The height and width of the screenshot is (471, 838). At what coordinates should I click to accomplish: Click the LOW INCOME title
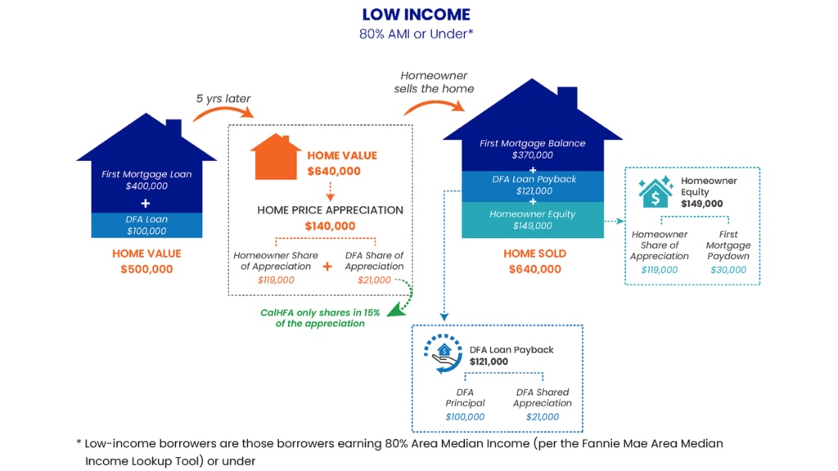coord(417,15)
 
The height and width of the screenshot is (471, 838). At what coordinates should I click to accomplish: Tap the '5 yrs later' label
coord(223,99)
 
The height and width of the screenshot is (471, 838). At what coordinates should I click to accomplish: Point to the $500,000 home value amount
coord(146,269)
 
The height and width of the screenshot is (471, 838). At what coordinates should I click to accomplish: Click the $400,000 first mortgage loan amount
coord(146,186)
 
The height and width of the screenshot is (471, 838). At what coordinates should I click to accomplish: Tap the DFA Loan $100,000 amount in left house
coord(146,231)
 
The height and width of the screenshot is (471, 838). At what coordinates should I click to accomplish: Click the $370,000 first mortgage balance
coord(532,155)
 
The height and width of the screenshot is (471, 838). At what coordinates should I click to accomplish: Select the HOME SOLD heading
coord(534,253)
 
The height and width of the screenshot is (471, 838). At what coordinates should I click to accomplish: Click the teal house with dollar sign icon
coord(655,191)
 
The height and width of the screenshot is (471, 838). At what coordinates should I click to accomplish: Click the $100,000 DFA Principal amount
coord(465,417)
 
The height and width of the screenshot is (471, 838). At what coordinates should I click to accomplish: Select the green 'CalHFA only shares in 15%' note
coord(313,317)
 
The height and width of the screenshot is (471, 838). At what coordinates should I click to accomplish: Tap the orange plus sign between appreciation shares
coord(327,267)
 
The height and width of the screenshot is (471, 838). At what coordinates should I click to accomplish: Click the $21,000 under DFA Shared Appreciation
coord(542,417)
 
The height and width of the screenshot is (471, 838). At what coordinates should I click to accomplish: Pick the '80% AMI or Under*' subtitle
coord(417,34)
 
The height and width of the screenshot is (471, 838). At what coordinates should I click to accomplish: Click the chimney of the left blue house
coord(173,129)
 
